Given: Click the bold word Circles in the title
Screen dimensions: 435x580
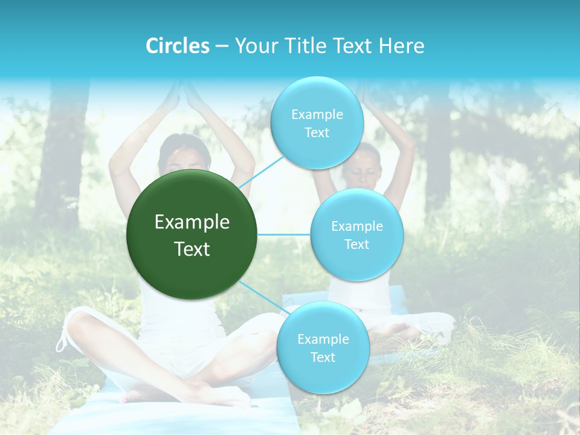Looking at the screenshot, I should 178,45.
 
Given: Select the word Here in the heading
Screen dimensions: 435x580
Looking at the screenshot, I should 403,45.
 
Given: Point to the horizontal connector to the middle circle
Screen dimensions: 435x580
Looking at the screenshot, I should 284,234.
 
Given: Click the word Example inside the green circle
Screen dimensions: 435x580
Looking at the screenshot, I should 192,222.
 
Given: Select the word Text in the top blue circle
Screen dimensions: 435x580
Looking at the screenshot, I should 317,133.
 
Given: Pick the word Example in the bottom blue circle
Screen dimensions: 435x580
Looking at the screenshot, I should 323,339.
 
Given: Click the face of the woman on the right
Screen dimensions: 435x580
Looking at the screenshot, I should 362,167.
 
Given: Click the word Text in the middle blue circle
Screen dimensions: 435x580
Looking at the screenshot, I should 356,244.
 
